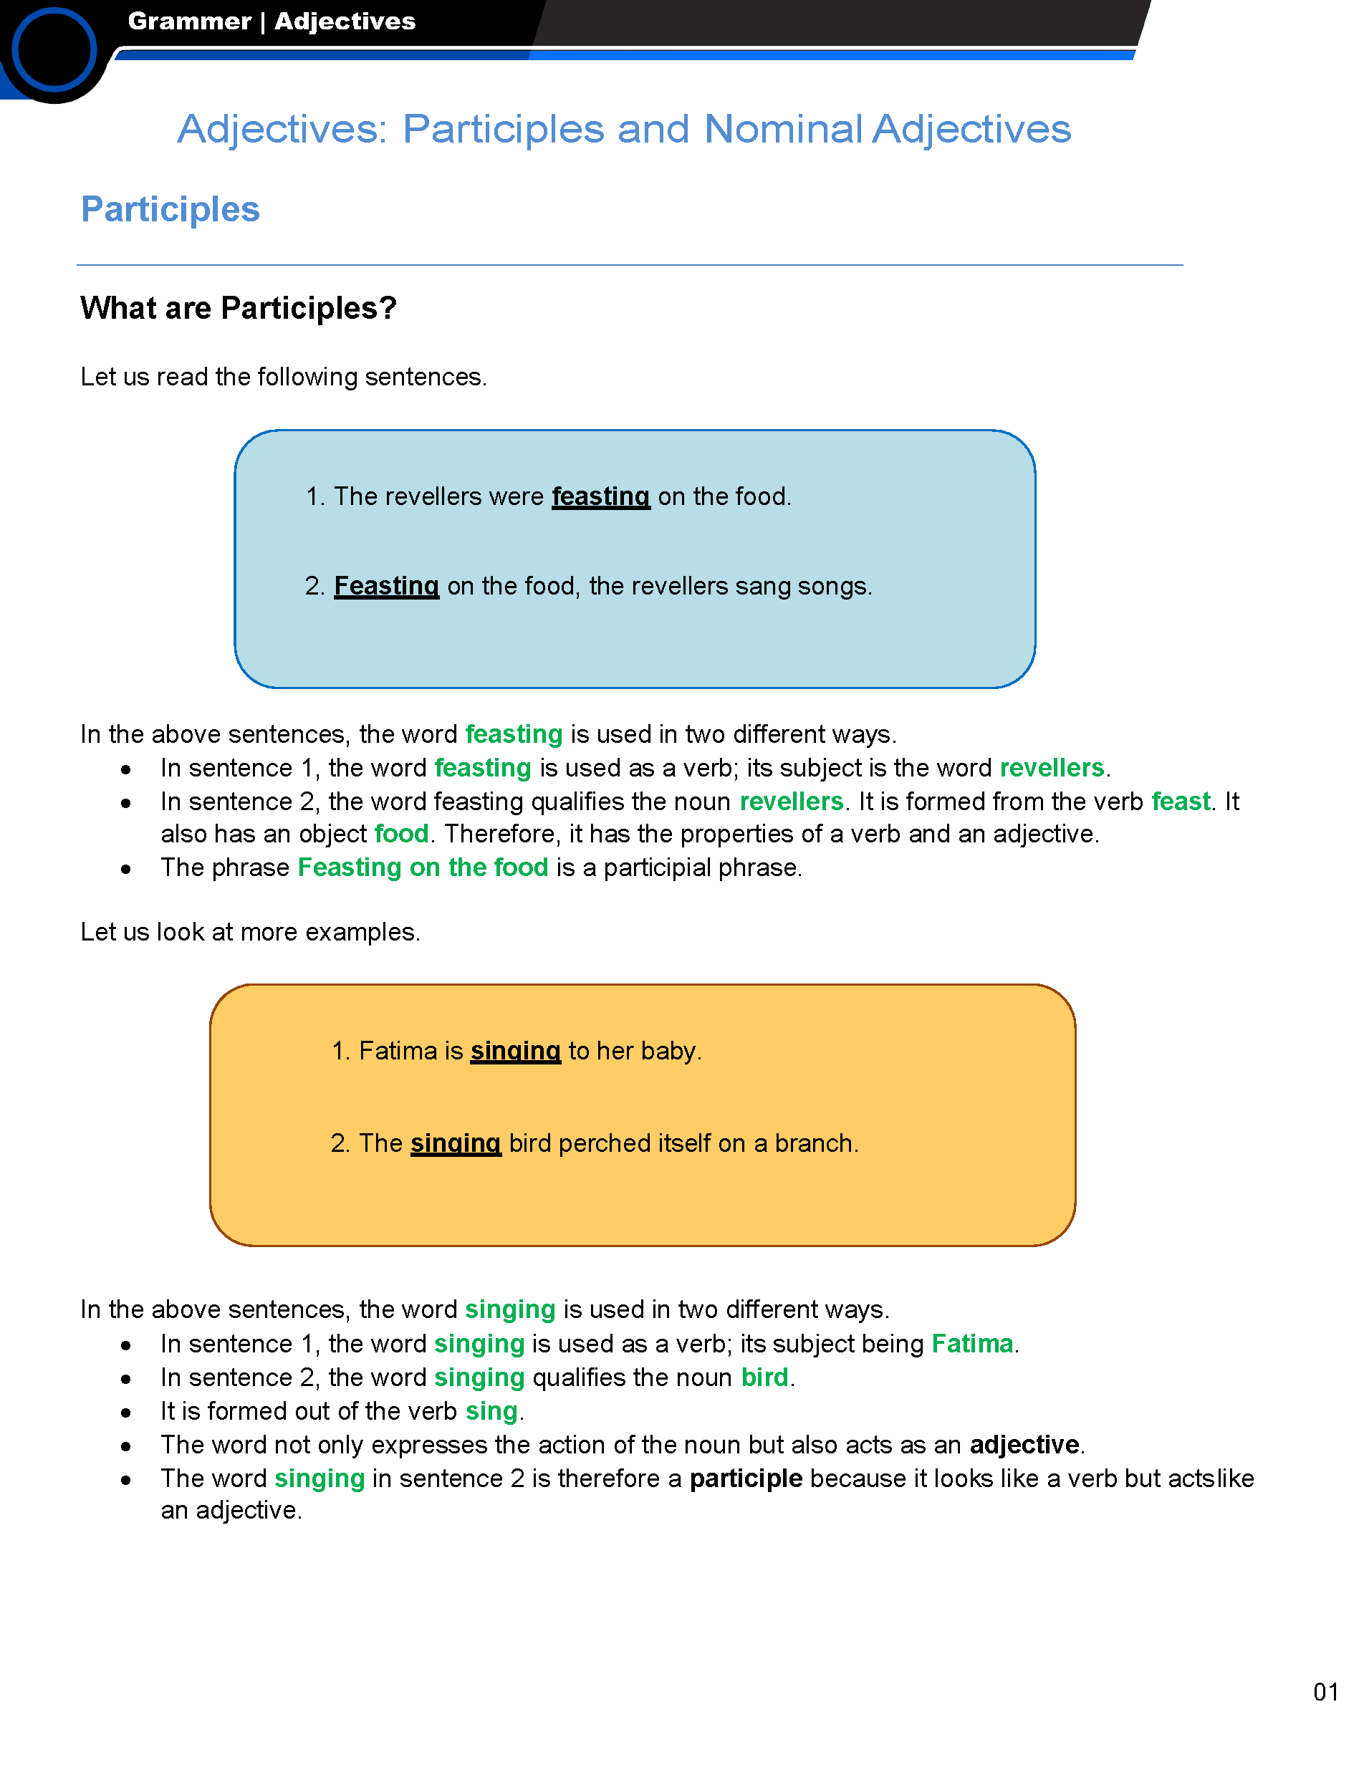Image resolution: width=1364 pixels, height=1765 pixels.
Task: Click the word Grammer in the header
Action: [x=189, y=21]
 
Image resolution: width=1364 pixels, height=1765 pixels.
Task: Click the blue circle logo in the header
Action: [x=53, y=50]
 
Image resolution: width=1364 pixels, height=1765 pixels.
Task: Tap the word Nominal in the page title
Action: [x=783, y=130]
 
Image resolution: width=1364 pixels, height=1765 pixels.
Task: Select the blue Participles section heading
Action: [x=170, y=209]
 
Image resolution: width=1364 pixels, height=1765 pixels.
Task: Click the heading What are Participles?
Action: [x=239, y=308]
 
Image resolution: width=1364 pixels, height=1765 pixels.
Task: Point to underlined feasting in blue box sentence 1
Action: [x=600, y=496]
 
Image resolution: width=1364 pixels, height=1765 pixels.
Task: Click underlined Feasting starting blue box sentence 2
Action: [x=386, y=586]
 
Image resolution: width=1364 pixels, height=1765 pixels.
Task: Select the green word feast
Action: [x=1181, y=802]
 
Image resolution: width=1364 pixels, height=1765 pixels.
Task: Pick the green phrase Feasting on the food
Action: [x=423, y=868]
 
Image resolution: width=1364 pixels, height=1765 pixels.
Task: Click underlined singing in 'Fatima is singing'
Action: [x=516, y=1051]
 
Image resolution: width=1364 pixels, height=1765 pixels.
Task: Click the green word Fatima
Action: [x=972, y=1344]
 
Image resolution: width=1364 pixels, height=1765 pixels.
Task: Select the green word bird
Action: [x=764, y=1378]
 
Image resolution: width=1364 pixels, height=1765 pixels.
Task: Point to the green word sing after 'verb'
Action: [x=491, y=1412]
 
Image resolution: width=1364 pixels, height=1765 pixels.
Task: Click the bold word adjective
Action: [x=1024, y=1445]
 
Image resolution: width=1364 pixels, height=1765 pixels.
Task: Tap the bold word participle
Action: [x=746, y=1479]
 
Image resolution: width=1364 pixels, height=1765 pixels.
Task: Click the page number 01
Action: [x=1326, y=1692]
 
